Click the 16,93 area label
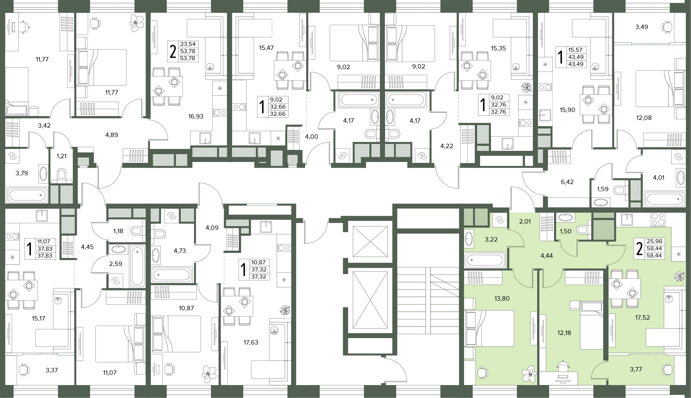(196, 116)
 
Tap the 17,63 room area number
(251, 342)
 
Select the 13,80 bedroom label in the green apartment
(502, 299)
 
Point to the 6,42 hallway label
(567, 182)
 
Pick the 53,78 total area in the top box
(188, 51)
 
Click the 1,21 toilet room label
(61, 156)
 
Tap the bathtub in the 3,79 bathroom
(27, 195)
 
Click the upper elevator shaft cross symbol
(370, 241)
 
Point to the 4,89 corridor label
(112, 135)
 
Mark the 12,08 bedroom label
(644, 118)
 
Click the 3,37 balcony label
(52, 370)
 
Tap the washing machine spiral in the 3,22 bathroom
(500, 220)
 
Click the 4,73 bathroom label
(180, 251)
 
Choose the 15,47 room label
(266, 48)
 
